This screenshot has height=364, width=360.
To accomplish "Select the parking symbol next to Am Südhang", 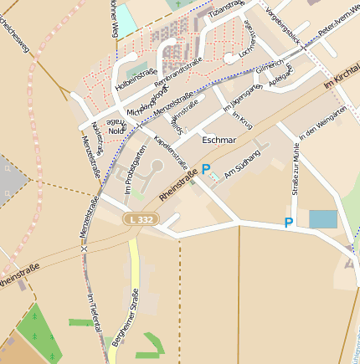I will [206, 170].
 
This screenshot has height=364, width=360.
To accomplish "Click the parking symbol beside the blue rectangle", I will [289, 223].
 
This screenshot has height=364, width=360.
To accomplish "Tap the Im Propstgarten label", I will [129, 176].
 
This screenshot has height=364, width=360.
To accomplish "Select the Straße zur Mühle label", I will [296, 167].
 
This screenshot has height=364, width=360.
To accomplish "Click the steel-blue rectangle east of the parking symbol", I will [323, 219].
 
